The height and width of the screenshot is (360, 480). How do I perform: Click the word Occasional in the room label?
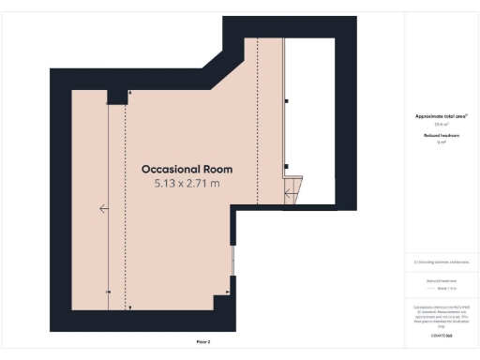[x=170, y=170]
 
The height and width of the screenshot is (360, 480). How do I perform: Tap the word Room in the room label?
[x=216, y=170]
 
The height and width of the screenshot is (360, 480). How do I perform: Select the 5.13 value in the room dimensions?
[x=166, y=184]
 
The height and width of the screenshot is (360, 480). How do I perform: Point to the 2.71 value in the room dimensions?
[x=200, y=184]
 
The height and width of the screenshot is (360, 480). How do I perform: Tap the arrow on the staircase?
[x=291, y=196]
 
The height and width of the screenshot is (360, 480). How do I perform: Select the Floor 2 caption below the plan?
[x=202, y=342]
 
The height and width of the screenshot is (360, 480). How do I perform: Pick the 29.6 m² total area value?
[x=441, y=124]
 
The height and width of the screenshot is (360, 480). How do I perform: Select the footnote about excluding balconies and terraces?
[x=441, y=262]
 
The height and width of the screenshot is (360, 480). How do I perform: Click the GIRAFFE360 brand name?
[x=441, y=334]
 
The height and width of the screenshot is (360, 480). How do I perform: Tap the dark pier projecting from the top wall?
[x=118, y=97]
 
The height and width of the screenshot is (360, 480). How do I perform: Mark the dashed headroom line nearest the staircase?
[x=257, y=122]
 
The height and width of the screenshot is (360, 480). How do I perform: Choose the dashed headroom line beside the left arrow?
[x=125, y=206]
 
